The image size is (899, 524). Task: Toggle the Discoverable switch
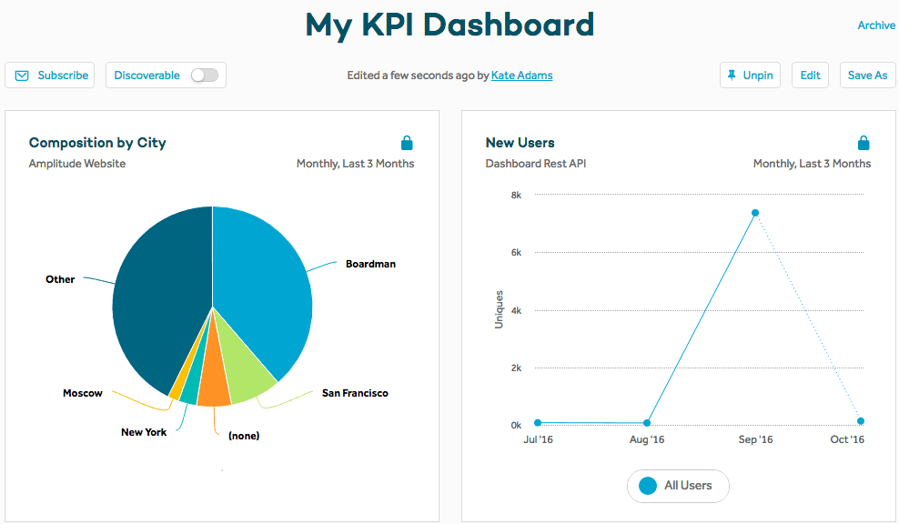pos(204,76)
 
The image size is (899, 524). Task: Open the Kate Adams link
pos(521,76)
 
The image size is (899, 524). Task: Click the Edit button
pos(810,76)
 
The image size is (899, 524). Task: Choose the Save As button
pos(867,76)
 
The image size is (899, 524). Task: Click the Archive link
pos(876,25)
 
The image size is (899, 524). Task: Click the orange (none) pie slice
pos(214,387)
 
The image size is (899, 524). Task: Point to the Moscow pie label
pos(83,393)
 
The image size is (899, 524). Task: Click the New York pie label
pos(144,432)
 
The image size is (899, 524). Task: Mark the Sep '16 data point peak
pos(755,213)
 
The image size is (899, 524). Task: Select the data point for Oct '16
pos(861,421)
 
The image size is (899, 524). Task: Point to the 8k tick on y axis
pos(515,195)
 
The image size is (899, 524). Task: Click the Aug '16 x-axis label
pos(646,440)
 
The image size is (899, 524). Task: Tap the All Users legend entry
pos(678,486)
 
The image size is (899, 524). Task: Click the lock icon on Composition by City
pos(407,143)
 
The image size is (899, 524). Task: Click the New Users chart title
pos(520,143)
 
